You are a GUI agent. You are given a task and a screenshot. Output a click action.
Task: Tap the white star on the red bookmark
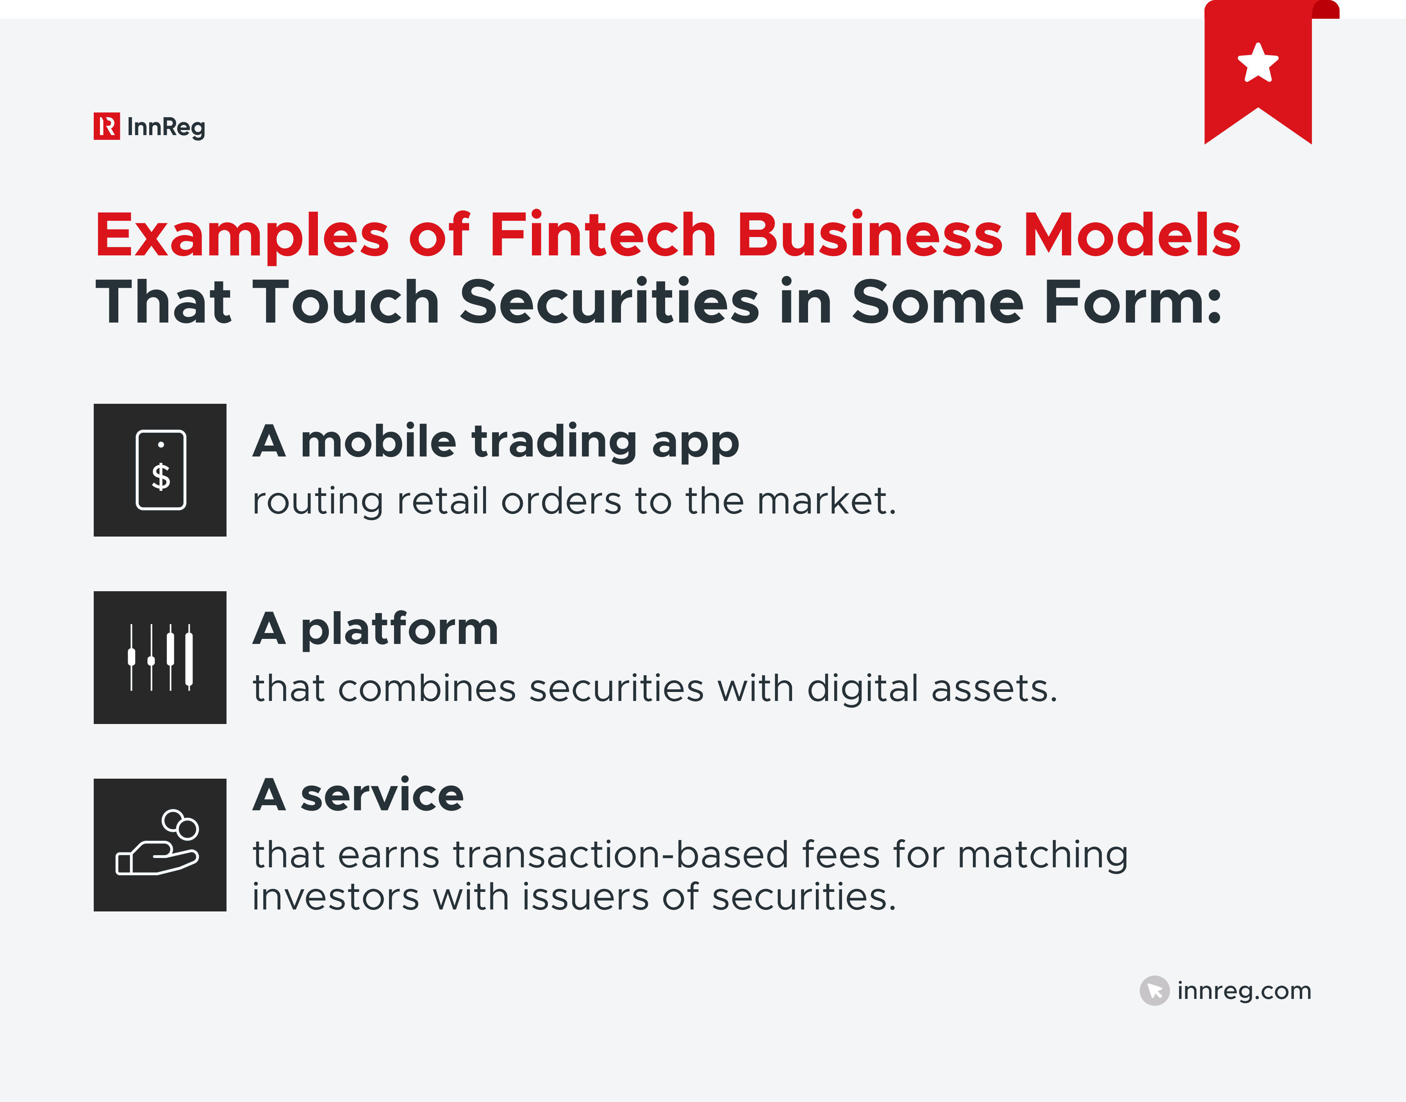point(1258,63)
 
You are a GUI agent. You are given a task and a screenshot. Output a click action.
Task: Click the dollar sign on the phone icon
point(161,478)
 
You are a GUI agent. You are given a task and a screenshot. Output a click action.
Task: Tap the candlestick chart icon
point(160,658)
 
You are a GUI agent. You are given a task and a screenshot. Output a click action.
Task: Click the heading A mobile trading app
point(496,442)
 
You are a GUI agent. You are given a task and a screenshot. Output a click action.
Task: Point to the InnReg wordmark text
point(166,127)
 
